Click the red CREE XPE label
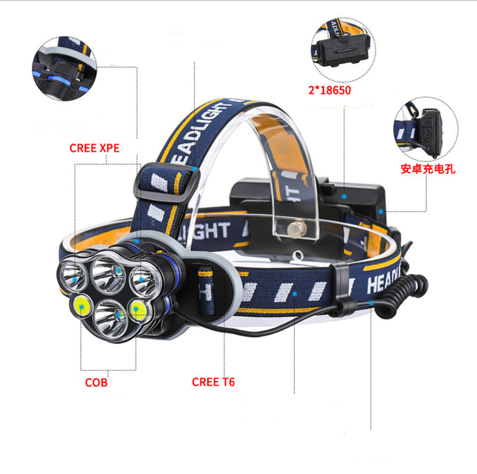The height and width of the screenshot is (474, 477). (x=94, y=148)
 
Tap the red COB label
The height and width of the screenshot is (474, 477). (x=96, y=383)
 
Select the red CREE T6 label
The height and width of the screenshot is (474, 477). (x=213, y=382)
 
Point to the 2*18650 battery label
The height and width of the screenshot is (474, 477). (x=331, y=90)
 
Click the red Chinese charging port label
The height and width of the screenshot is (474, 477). (x=428, y=169)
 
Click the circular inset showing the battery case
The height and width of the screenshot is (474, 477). (x=343, y=50)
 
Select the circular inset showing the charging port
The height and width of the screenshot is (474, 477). (x=426, y=129)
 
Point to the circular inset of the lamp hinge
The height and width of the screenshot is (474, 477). (x=64, y=68)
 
